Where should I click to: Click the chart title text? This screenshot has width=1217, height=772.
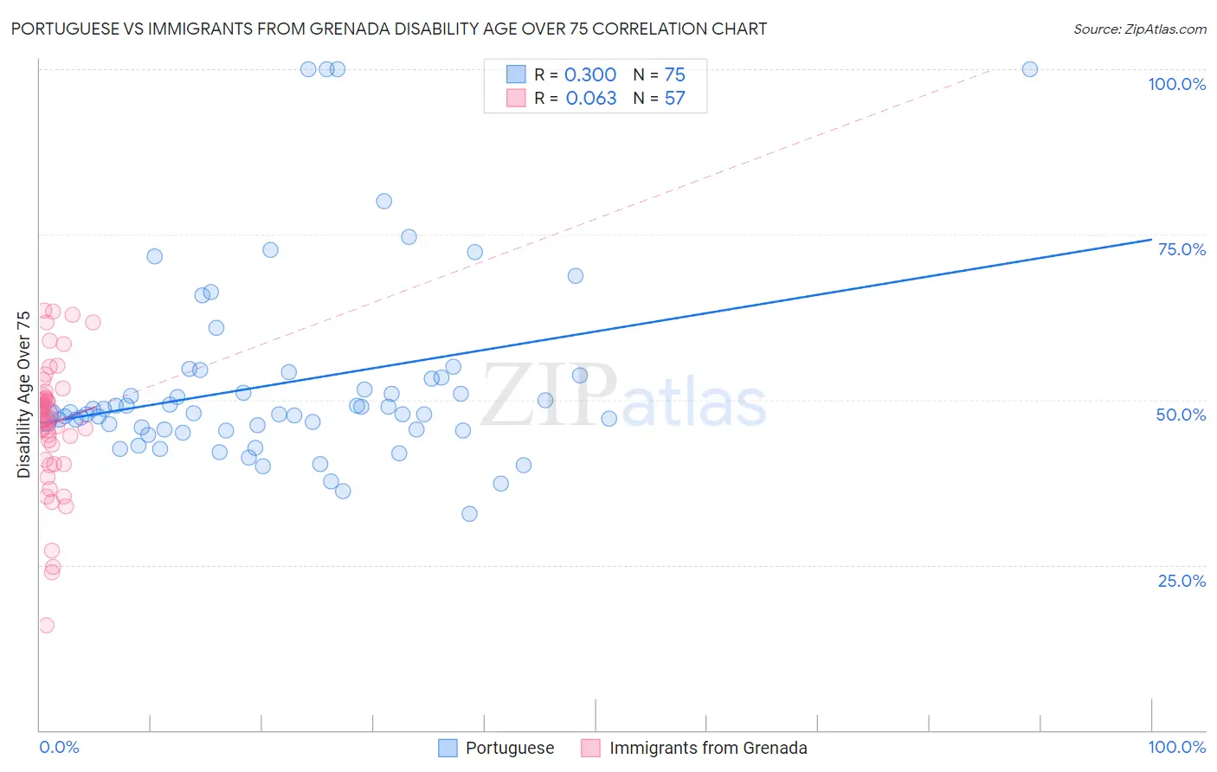(x=389, y=29)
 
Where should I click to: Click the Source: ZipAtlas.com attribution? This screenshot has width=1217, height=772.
(x=1139, y=29)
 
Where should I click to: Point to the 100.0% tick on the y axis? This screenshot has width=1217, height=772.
(x=1176, y=84)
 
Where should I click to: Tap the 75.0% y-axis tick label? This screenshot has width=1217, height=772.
(x=1182, y=249)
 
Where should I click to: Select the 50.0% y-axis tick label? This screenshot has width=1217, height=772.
(x=1181, y=415)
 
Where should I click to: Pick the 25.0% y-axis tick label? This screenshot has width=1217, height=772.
(x=1182, y=581)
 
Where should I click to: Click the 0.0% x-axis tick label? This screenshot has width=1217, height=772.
(x=60, y=747)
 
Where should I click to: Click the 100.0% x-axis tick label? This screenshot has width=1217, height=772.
(x=1176, y=747)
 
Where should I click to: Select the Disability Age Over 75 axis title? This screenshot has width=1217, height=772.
(x=23, y=394)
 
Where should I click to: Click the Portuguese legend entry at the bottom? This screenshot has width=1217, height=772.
(x=509, y=748)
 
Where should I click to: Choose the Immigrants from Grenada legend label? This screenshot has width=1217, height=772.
(x=707, y=748)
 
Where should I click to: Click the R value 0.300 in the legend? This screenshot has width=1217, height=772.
(x=590, y=75)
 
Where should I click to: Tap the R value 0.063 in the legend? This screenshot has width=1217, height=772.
(x=591, y=98)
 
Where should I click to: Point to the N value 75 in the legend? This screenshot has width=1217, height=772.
(x=674, y=75)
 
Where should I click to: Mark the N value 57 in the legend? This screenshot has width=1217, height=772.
(x=674, y=98)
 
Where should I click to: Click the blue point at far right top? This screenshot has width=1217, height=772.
(x=1029, y=69)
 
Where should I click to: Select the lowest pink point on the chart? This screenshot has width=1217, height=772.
(x=46, y=625)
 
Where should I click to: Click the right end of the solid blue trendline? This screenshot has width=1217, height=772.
(x=1151, y=240)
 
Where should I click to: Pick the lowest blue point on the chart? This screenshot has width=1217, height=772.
(x=469, y=513)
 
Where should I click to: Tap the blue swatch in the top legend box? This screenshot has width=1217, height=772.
(x=516, y=74)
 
